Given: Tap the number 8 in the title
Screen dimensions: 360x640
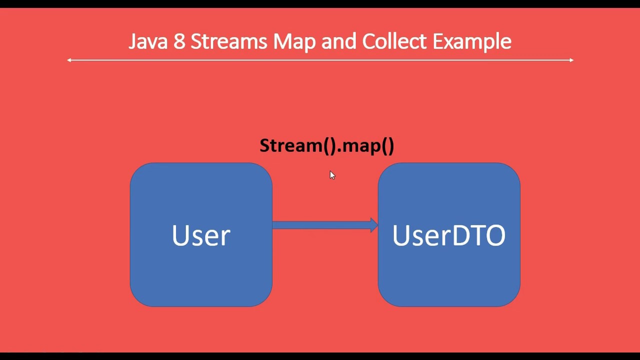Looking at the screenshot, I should click(179, 41).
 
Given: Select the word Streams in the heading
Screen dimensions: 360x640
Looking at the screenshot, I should click(228, 41).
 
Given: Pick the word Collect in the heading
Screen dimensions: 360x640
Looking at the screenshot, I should click(394, 41).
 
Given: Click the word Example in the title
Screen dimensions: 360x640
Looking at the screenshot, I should click(471, 41).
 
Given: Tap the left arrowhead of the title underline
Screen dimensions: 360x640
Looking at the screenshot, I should click(69, 60).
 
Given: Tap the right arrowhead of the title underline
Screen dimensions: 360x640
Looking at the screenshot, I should click(571, 60).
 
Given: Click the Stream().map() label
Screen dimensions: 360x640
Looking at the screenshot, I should click(326, 145).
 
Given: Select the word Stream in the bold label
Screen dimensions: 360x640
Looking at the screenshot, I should click(291, 145).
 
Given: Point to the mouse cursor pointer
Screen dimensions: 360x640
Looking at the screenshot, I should click(332, 174).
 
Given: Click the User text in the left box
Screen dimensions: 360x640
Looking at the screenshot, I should click(201, 235).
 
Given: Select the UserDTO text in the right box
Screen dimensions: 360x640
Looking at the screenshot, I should click(448, 235).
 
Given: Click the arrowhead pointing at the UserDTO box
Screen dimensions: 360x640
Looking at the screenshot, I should click(374, 225).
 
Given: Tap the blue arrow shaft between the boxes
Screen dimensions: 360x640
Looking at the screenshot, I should click(320, 225).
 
